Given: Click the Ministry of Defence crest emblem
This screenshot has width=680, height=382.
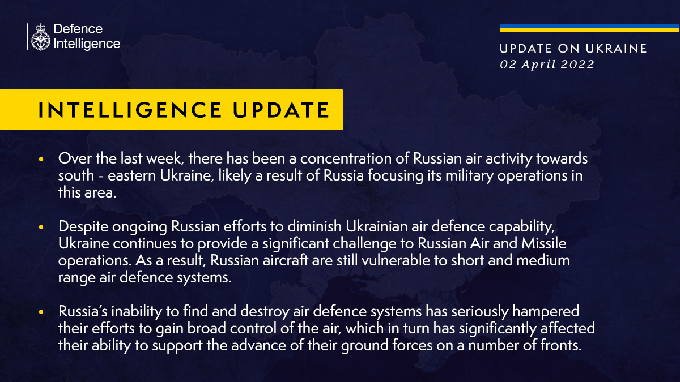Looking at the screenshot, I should (x=40, y=37).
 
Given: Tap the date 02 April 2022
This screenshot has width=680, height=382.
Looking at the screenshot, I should (x=547, y=65).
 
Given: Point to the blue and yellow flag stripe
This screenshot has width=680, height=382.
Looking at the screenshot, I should (x=589, y=28).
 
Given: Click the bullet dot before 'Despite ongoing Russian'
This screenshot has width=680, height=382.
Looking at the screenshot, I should (x=41, y=228).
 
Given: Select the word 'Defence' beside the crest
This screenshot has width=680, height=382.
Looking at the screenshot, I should (x=78, y=29).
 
